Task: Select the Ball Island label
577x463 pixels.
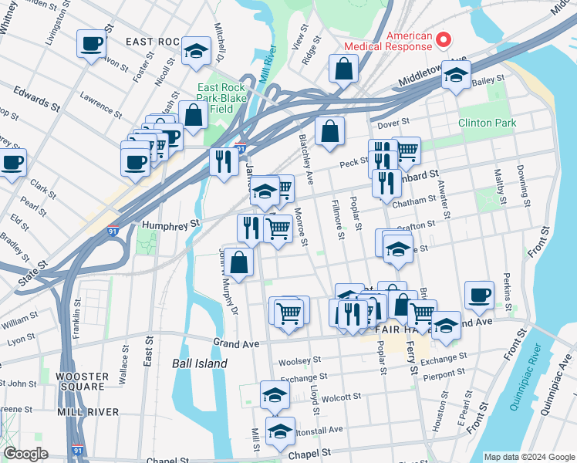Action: (200, 363)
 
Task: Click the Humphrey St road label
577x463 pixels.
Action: (170, 224)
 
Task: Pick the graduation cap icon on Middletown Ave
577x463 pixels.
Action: (457, 75)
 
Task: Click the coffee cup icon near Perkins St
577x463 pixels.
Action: (480, 294)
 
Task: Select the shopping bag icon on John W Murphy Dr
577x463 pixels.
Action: (240, 262)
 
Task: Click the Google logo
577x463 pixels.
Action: (26, 454)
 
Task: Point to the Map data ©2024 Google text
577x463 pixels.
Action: (528, 457)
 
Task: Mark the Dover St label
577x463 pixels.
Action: (391, 123)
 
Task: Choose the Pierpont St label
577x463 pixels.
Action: (443, 373)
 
